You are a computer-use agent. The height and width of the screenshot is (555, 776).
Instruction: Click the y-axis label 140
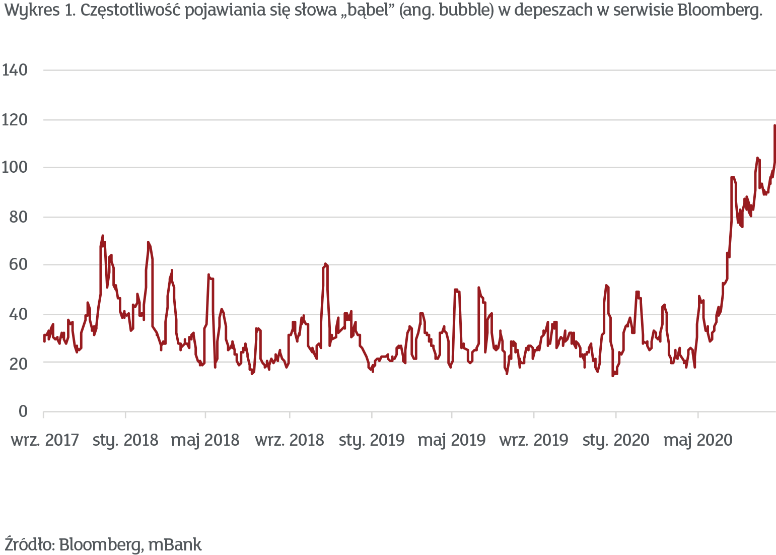(x=15, y=70)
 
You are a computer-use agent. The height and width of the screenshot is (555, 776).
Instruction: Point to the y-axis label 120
(x=15, y=120)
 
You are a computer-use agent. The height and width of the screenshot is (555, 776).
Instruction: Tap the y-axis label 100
(x=15, y=167)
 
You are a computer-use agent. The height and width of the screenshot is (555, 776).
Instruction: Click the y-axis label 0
(x=23, y=411)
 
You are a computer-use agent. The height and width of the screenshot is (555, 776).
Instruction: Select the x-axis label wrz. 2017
(x=45, y=440)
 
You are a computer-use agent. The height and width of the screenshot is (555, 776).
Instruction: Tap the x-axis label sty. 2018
(x=125, y=440)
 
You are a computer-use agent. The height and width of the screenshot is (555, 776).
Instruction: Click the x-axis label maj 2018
(x=205, y=440)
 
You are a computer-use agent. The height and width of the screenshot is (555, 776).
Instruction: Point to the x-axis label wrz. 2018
(x=290, y=440)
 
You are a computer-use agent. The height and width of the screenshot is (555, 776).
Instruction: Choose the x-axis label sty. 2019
(x=372, y=440)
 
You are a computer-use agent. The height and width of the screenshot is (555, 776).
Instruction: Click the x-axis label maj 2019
(x=452, y=440)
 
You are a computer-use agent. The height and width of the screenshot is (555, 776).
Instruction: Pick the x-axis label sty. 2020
(x=616, y=440)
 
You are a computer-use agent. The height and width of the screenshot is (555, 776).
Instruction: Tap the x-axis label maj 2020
(x=698, y=440)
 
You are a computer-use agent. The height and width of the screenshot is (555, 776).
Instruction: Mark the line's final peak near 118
(x=774, y=125)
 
